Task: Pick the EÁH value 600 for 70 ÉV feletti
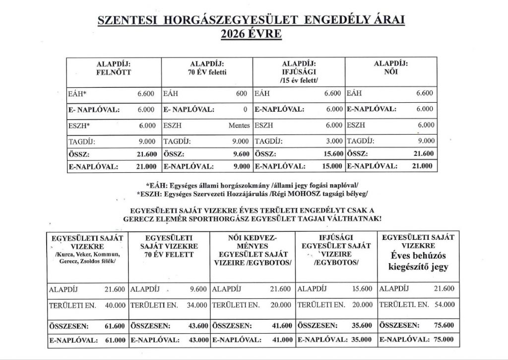[242, 93]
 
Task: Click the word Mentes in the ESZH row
[239, 126]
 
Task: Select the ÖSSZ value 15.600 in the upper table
[331, 153]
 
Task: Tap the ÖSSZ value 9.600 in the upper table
[239, 153]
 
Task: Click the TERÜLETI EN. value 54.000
[444, 305]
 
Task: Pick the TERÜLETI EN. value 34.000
[196, 305]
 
